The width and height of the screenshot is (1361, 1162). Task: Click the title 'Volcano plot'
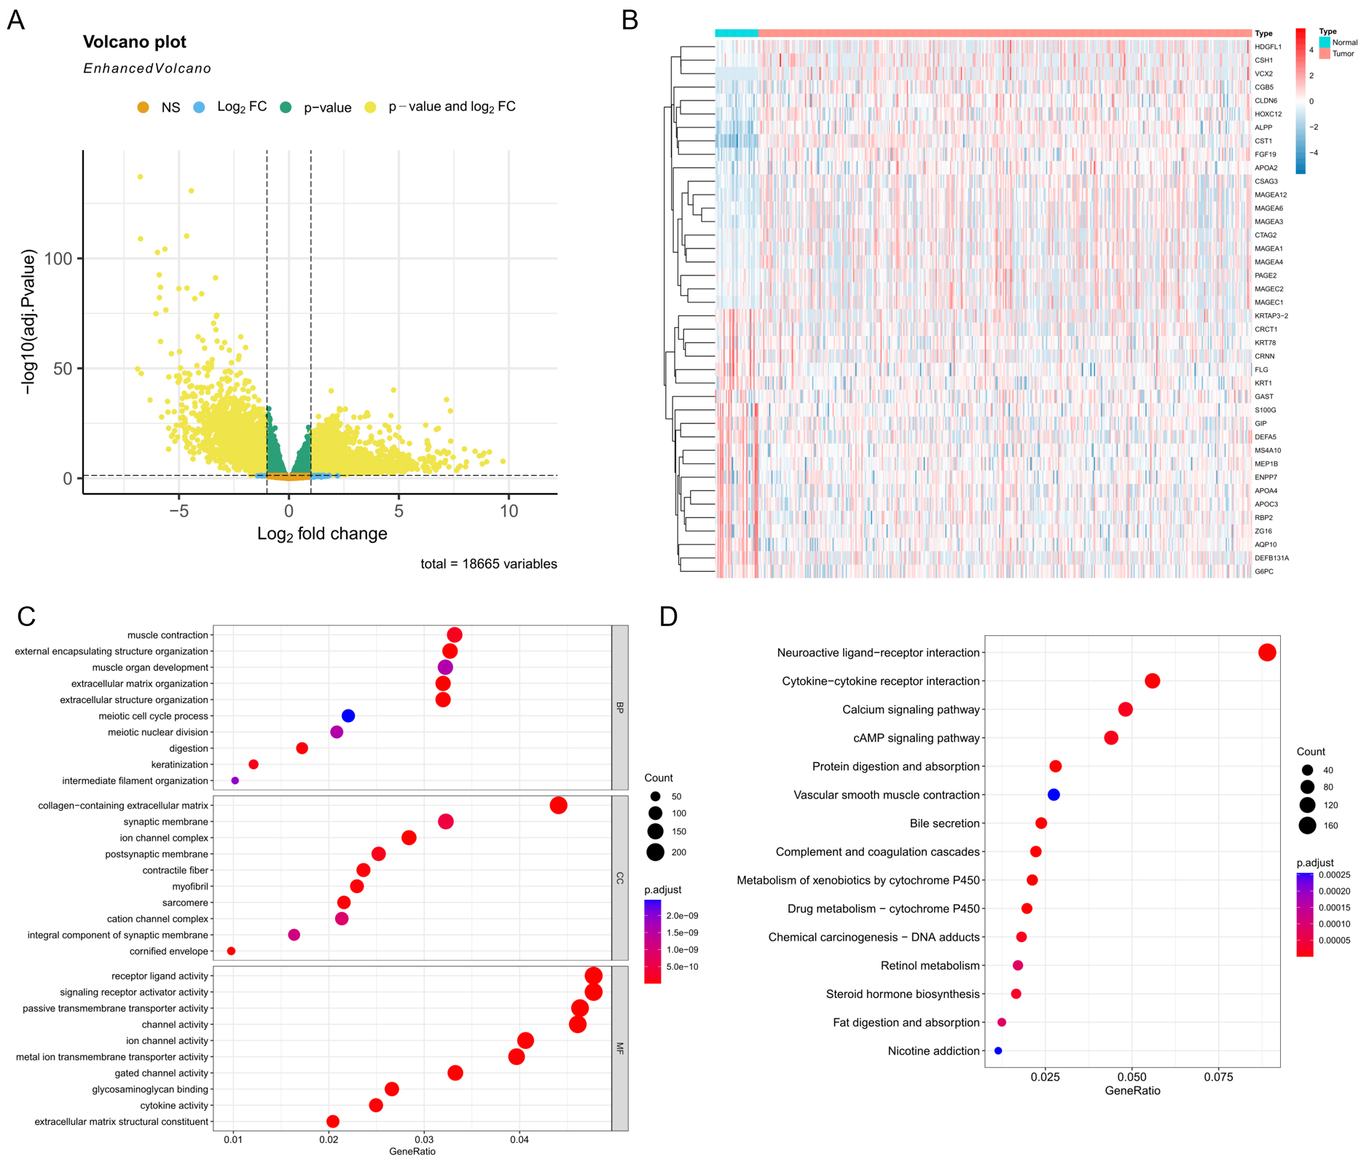pyautogui.click(x=135, y=42)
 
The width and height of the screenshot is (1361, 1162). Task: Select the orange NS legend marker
pyautogui.click(x=143, y=108)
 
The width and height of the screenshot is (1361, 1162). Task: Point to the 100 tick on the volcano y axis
pyautogui.click(x=58, y=259)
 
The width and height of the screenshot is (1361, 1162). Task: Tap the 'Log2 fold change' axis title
pyautogui.click(x=322, y=534)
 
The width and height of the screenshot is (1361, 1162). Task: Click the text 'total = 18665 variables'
pyautogui.click(x=488, y=564)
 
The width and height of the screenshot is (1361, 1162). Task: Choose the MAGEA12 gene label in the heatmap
pyautogui.click(x=1271, y=195)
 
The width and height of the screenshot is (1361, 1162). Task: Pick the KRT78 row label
pyautogui.click(x=1265, y=342)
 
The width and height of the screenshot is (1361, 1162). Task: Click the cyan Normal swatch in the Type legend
pyautogui.click(x=1324, y=43)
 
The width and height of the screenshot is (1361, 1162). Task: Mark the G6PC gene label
pyautogui.click(x=1264, y=572)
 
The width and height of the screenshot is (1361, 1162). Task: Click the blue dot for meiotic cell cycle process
pyautogui.click(x=348, y=716)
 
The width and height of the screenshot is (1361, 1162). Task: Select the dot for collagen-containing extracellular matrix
pyautogui.click(x=559, y=806)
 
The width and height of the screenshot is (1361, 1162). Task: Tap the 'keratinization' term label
pyautogui.click(x=180, y=765)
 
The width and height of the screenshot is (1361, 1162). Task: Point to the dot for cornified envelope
pyautogui.click(x=231, y=951)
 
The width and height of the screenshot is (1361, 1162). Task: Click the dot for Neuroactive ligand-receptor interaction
pyautogui.click(x=1267, y=653)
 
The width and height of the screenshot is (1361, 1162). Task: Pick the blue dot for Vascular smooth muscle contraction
pyautogui.click(x=1054, y=795)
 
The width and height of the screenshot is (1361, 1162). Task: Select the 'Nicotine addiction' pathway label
pyautogui.click(x=933, y=1051)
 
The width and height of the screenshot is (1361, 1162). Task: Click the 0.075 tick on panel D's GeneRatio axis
pyautogui.click(x=1218, y=1077)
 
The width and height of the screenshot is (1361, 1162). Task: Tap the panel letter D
pyautogui.click(x=668, y=617)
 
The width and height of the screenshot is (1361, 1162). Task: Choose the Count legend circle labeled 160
pyautogui.click(x=1307, y=825)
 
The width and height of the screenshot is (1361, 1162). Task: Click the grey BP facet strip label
pyautogui.click(x=620, y=707)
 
